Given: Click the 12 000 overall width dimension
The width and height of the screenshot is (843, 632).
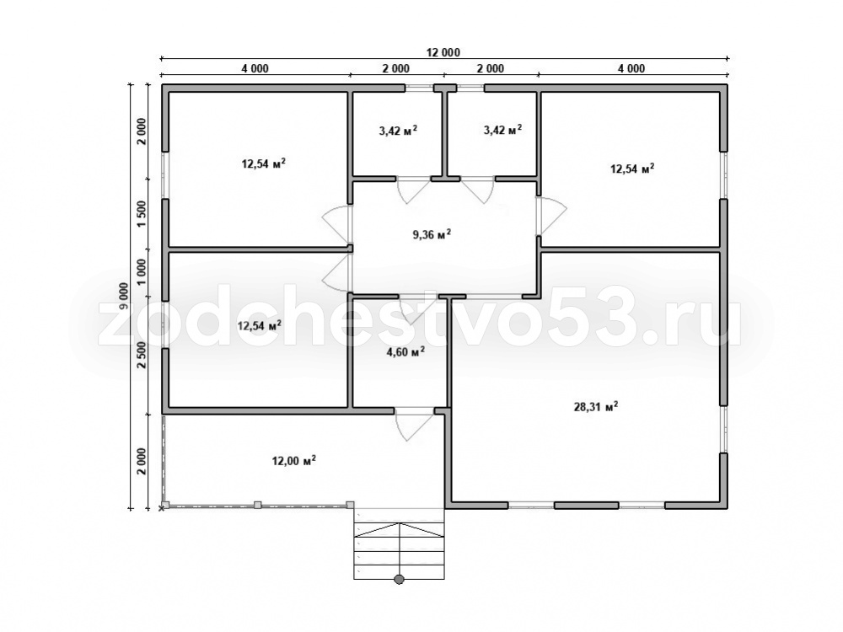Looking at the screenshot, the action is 443,52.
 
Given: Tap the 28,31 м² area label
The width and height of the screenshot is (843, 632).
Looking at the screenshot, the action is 596,407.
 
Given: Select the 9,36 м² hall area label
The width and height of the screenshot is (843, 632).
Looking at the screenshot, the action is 432,234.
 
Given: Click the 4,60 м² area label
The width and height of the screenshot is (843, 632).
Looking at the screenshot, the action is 406,352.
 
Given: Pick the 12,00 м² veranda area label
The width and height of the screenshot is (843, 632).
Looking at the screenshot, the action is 293,461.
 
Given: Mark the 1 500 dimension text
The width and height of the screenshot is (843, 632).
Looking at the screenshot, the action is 142,214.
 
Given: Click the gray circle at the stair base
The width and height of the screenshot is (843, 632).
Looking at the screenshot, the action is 399,580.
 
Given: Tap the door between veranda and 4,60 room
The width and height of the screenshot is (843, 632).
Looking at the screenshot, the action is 413,425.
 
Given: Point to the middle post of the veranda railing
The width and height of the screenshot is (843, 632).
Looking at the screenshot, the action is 257,505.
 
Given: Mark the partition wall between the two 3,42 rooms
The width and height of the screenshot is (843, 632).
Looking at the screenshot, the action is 445,133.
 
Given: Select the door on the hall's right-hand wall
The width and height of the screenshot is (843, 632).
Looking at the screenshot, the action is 550,216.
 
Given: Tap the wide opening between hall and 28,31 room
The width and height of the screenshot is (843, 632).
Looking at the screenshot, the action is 494,296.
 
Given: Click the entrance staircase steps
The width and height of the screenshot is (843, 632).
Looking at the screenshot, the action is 399,544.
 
